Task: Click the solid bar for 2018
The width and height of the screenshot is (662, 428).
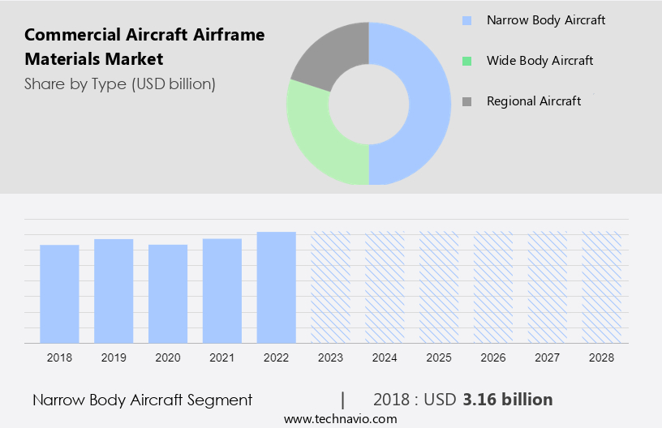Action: point(59,293)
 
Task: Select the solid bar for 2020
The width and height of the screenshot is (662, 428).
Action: point(168,293)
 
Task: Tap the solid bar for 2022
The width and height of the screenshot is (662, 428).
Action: point(277,287)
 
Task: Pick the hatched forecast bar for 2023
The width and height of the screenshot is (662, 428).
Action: point(331,287)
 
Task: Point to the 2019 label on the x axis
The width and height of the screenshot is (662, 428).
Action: point(114,357)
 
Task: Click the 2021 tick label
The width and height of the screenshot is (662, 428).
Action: point(222,357)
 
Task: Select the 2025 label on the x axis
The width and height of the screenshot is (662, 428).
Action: point(439,357)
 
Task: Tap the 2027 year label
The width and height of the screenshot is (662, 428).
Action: point(548,357)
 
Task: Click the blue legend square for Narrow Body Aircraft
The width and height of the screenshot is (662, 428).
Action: point(466,20)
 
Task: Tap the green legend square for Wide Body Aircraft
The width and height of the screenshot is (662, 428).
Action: point(466,61)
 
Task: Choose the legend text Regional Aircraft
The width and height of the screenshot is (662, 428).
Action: point(534,101)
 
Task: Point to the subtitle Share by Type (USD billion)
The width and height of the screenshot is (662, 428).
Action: point(120,83)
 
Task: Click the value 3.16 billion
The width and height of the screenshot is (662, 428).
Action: point(508,400)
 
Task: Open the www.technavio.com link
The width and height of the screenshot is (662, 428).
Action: point(341,419)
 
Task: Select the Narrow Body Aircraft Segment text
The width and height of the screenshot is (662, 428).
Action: point(143,400)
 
